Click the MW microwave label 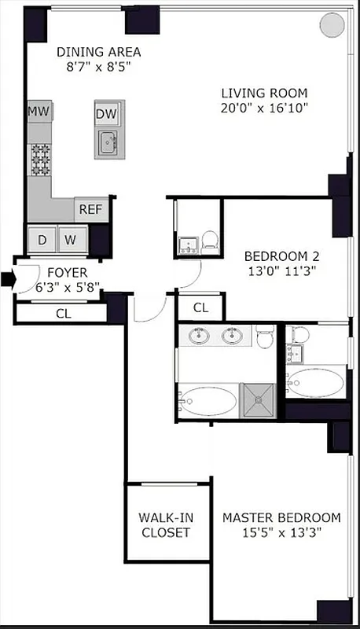point(39,112)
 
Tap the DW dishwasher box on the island point(106,114)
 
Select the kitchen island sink point(108,143)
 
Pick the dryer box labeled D point(42,239)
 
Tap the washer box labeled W point(71,239)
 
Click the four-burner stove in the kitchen point(39,160)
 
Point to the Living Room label point(263,92)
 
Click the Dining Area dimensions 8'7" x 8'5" point(98,68)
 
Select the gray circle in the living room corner point(330,24)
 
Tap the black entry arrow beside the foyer point(8,278)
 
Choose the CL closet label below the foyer point(63,312)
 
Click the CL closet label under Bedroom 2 point(200,307)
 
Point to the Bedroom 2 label point(281,256)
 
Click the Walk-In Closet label point(166,524)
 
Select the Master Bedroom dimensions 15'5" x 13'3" point(281,532)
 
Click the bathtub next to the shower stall point(208,401)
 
